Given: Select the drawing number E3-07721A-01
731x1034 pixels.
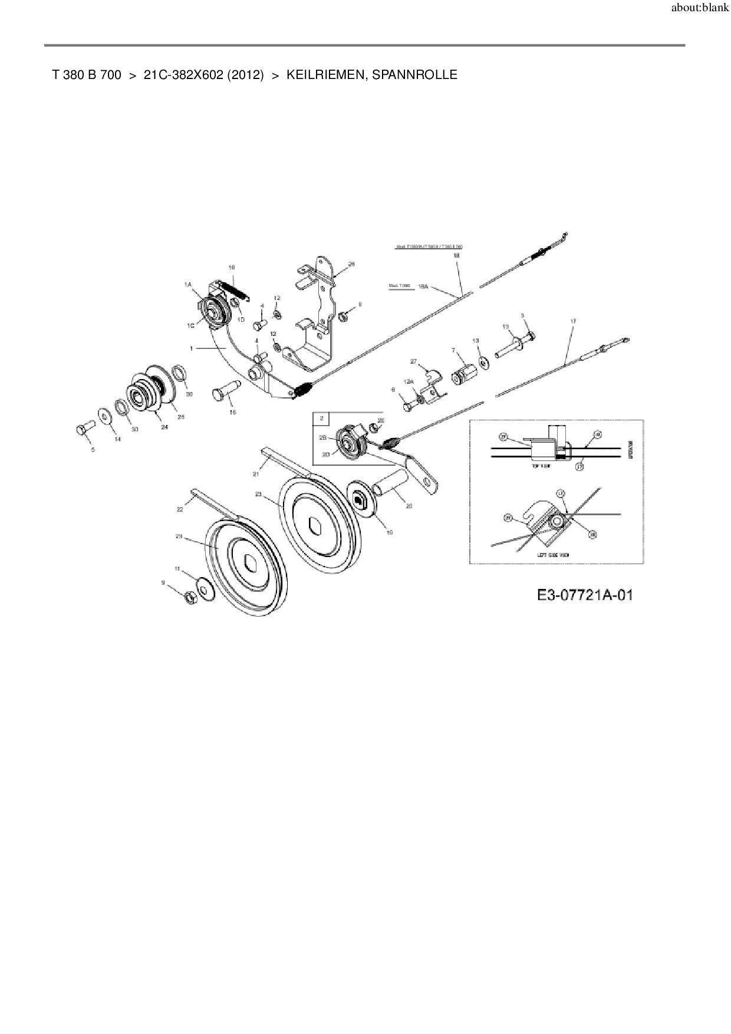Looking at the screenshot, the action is click(585, 595).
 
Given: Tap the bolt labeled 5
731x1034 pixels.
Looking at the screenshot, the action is click(81, 429).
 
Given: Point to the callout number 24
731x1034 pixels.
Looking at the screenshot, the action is click(164, 427).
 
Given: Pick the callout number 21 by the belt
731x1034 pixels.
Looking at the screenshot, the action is click(256, 473).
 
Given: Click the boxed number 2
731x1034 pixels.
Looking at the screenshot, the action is click(322, 417).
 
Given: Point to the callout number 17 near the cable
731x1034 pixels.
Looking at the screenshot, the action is click(572, 321).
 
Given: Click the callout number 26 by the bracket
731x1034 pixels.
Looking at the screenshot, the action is click(351, 264).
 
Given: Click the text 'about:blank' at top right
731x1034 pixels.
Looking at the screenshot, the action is click(700, 8).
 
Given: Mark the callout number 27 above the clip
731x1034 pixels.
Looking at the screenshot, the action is click(413, 361).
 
